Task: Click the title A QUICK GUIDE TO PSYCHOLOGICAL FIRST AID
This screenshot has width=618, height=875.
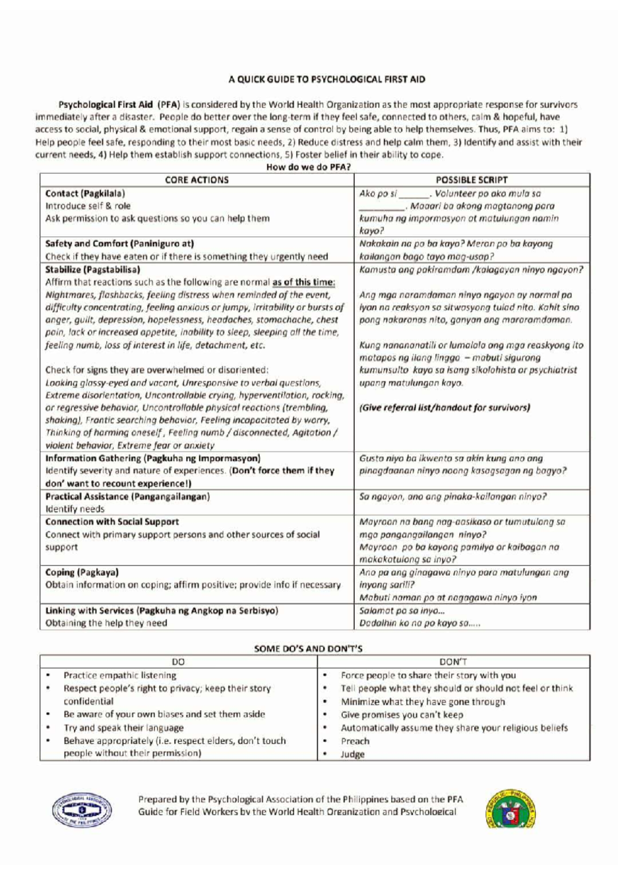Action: pyautogui.click(x=327, y=79)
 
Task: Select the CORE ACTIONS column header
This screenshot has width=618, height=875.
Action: pyautogui.click(x=196, y=180)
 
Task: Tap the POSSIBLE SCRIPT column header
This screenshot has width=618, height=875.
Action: pyautogui.click(x=471, y=180)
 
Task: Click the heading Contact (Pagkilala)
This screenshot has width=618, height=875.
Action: pyautogui.click(x=85, y=193)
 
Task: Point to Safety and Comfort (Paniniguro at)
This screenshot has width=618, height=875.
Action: pyautogui.click(x=119, y=244)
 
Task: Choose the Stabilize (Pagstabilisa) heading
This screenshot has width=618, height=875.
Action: pyautogui.click(x=93, y=270)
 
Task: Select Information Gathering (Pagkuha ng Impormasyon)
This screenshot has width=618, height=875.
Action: pyautogui.click(x=153, y=458)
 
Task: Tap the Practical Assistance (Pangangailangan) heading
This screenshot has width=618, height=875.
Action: pyautogui.click(x=128, y=496)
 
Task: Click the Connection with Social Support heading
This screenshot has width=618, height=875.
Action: pyautogui.click(x=112, y=521)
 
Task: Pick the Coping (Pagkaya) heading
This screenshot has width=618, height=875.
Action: pyautogui.click(x=82, y=572)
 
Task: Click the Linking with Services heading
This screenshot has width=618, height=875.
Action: pyautogui.click(x=162, y=610)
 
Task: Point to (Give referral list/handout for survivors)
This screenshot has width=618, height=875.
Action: pyautogui.click(x=444, y=408)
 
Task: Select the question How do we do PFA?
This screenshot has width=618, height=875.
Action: pyautogui.click(x=308, y=167)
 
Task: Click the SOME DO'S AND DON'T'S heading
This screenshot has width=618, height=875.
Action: pyautogui.click(x=308, y=649)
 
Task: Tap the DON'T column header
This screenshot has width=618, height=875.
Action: pyautogui.click(x=453, y=662)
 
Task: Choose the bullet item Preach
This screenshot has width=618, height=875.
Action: pyautogui.click(x=355, y=741)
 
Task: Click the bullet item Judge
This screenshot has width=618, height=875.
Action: pyautogui.click(x=352, y=754)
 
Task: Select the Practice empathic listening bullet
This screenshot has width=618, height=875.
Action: pyautogui.click(x=119, y=675)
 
